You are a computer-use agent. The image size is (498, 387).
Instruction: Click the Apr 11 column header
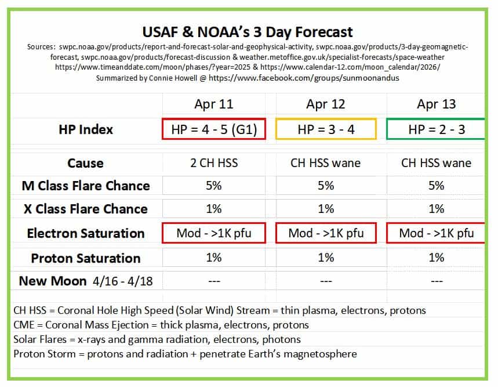tap(214, 104)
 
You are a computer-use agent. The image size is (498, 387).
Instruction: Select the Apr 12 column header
tap(326, 104)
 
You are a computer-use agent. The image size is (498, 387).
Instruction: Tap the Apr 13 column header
tap(437, 104)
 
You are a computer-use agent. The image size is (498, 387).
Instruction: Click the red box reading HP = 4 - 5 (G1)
tap(214, 129)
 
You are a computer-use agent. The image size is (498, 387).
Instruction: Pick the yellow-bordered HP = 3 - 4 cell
tap(326, 129)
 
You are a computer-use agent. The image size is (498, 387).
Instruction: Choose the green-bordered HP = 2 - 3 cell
tap(436, 129)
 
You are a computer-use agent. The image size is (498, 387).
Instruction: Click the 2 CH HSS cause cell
tap(214, 163)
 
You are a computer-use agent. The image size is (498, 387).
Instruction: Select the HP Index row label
tap(86, 129)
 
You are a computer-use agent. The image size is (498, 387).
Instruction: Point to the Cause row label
tap(85, 163)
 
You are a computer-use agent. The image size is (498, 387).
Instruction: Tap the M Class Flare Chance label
tap(86, 186)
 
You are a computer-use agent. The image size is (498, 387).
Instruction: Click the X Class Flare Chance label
tap(86, 209)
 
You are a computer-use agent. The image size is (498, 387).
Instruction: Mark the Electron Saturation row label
tap(86, 233)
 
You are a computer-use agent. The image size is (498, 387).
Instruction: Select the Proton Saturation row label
tap(86, 258)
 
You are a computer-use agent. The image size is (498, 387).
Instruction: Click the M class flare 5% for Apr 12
tap(326, 186)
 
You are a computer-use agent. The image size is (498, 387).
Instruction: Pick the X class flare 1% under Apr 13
tap(437, 209)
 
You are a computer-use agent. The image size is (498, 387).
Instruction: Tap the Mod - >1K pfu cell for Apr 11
tap(214, 233)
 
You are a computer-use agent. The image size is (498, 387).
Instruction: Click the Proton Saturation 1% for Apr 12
tap(326, 258)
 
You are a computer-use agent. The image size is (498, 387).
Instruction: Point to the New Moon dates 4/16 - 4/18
tap(123, 281)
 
